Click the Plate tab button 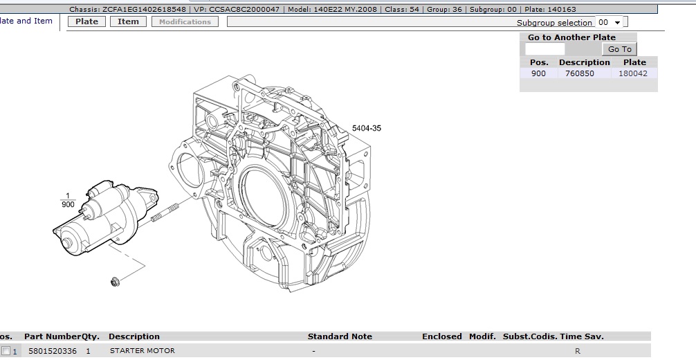(86, 21)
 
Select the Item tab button (128, 21)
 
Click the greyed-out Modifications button (185, 21)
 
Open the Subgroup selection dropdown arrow (617, 22)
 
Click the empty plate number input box (544, 49)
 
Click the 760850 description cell (580, 73)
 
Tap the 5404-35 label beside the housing (367, 128)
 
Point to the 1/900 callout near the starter (68, 200)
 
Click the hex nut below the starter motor (115, 281)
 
